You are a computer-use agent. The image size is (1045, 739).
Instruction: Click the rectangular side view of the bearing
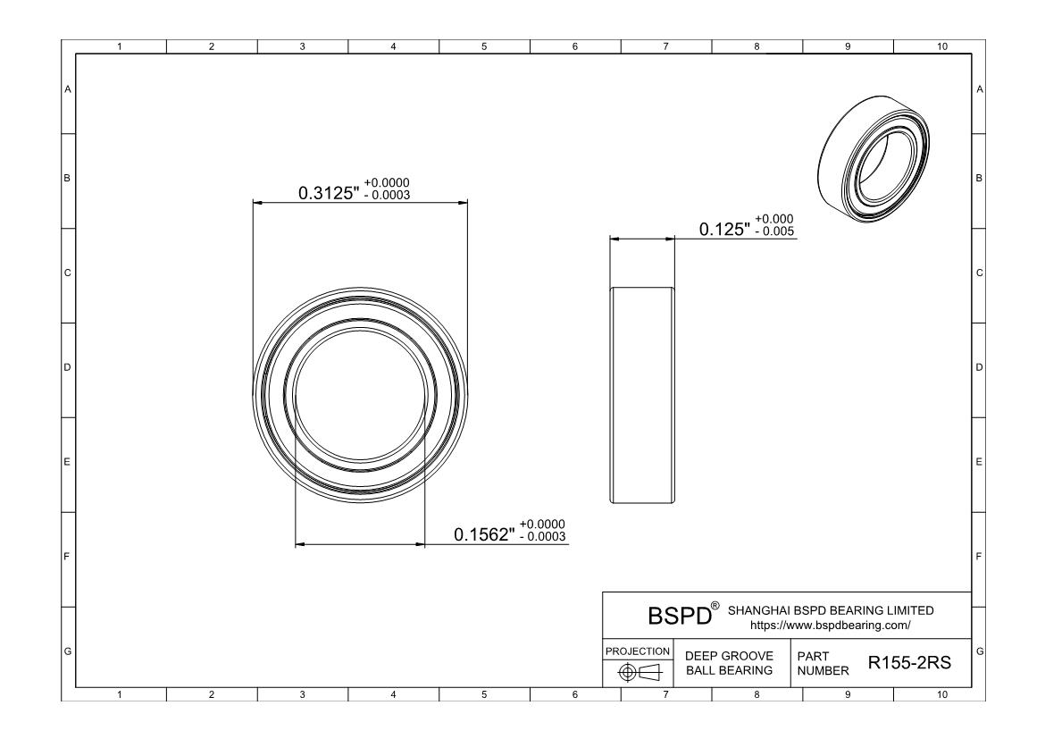point(642,394)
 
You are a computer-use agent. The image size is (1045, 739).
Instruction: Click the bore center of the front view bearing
point(360,393)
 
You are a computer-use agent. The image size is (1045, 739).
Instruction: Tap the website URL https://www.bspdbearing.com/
point(831,625)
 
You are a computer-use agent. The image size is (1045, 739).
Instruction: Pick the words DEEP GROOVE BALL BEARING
point(728,663)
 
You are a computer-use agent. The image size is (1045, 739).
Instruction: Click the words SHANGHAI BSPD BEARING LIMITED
point(831,610)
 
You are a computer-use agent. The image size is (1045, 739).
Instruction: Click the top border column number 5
point(483,46)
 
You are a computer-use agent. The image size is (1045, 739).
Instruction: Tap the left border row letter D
point(67,367)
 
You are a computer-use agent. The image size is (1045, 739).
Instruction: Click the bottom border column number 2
point(212,693)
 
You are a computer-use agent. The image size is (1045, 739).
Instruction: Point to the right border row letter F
point(980,556)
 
